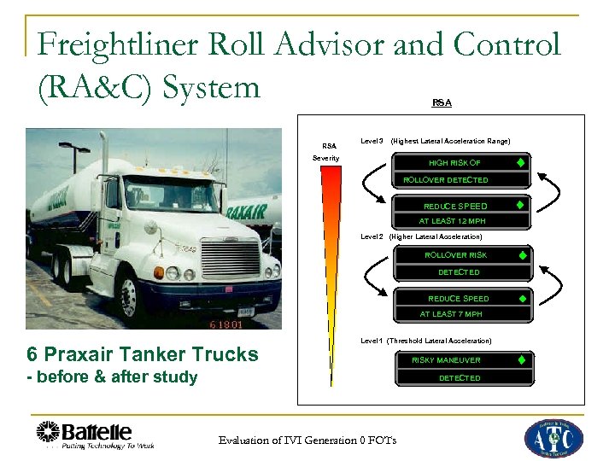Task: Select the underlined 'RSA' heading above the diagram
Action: (x=442, y=102)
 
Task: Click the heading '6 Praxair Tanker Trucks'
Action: (x=142, y=354)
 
